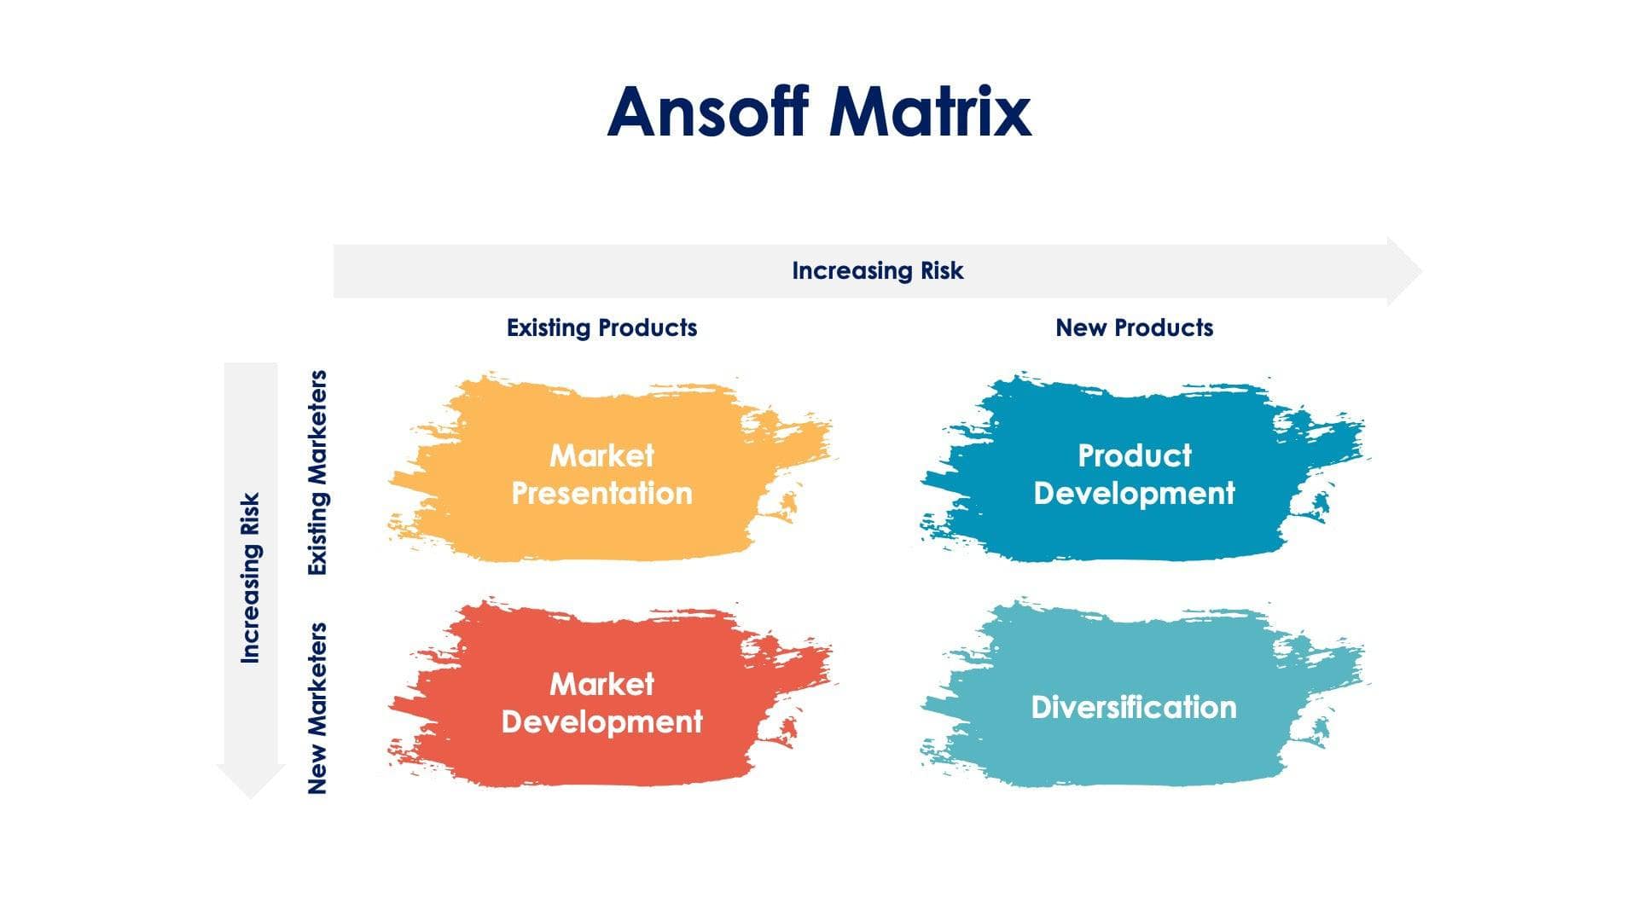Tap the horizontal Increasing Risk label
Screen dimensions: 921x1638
(877, 271)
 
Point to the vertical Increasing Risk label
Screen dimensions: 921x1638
(250, 578)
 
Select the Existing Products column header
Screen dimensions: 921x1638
(601, 328)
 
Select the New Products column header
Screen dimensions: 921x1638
(1134, 328)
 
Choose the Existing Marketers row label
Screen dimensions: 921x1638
(317, 472)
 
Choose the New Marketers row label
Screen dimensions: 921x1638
(317, 708)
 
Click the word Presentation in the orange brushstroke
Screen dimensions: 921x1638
(601, 494)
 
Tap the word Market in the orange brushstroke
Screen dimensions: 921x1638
(601, 455)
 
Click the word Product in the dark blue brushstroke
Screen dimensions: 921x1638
(1134, 455)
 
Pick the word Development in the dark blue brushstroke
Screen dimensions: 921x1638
(1134, 494)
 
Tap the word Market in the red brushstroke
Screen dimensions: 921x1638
(601, 684)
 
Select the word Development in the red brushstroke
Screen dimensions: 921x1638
(601, 722)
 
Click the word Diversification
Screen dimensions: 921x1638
(1134, 707)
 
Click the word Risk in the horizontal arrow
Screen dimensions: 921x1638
(942, 271)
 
